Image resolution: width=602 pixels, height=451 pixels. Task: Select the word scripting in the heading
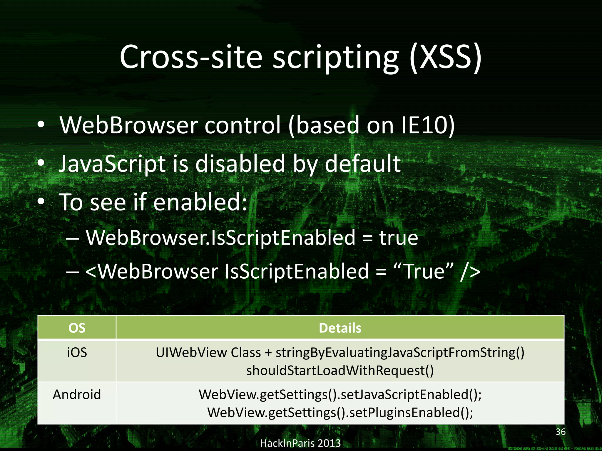335,57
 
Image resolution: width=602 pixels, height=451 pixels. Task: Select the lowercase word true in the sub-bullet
399,238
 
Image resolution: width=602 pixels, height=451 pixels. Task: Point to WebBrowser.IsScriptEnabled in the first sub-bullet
221,238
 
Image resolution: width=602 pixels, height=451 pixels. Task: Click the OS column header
77,328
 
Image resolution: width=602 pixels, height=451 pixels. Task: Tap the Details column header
340,328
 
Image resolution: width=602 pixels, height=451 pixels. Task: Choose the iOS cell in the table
77,352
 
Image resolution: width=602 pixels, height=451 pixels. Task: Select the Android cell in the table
77,394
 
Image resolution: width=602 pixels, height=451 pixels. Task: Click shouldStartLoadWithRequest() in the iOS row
340,371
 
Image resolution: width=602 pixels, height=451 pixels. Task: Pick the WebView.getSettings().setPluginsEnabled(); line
340,413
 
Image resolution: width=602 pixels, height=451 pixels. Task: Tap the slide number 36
561,432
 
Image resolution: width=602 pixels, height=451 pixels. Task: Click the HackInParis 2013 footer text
300,443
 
